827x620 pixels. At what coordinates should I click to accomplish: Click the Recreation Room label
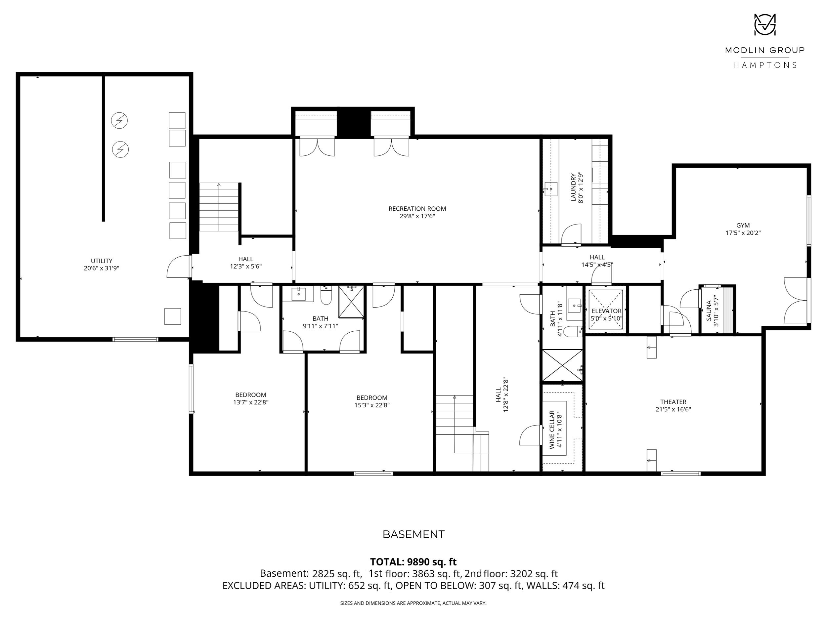click(417, 209)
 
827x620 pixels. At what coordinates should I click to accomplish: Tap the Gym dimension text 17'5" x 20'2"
click(743, 233)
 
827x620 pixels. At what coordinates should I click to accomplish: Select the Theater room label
click(673, 402)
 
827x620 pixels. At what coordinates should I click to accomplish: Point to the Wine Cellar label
click(552, 430)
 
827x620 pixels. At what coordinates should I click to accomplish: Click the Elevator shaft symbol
click(605, 310)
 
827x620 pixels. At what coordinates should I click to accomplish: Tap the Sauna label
click(709, 310)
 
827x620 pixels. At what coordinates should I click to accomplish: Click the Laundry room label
click(573, 187)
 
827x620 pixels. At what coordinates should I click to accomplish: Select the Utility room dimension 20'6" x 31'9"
click(101, 268)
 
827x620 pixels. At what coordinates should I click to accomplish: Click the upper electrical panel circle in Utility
click(119, 121)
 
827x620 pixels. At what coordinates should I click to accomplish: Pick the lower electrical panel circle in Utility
click(120, 149)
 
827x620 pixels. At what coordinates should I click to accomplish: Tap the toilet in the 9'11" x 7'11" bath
click(326, 295)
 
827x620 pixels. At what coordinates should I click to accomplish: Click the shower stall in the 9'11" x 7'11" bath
click(351, 302)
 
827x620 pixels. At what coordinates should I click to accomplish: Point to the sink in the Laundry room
click(550, 189)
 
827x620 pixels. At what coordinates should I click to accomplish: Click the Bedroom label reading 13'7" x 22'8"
click(250, 398)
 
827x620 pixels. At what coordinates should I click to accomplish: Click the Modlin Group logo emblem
click(764, 25)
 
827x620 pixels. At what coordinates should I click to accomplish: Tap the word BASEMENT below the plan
click(413, 534)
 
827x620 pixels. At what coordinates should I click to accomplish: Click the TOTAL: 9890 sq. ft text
click(413, 562)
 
